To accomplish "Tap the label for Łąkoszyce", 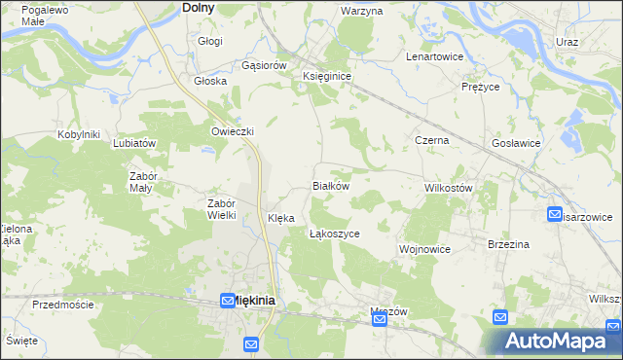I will pyautogui.click(x=335, y=234).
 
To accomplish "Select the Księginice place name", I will pyautogui.click(x=326, y=75).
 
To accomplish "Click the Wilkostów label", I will pyautogui.click(x=449, y=187).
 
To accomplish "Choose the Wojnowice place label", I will pyautogui.click(x=424, y=249).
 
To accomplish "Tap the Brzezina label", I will pyautogui.click(x=508, y=244).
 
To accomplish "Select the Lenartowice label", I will pyautogui.click(x=434, y=56).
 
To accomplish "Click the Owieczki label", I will pyautogui.click(x=233, y=131).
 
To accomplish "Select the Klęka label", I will pyautogui.click(x=281, y=219).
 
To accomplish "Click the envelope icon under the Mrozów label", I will pyautogui.click(x=381, y=319).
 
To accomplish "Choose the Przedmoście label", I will pyautogui.click(x=62, y=305).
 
